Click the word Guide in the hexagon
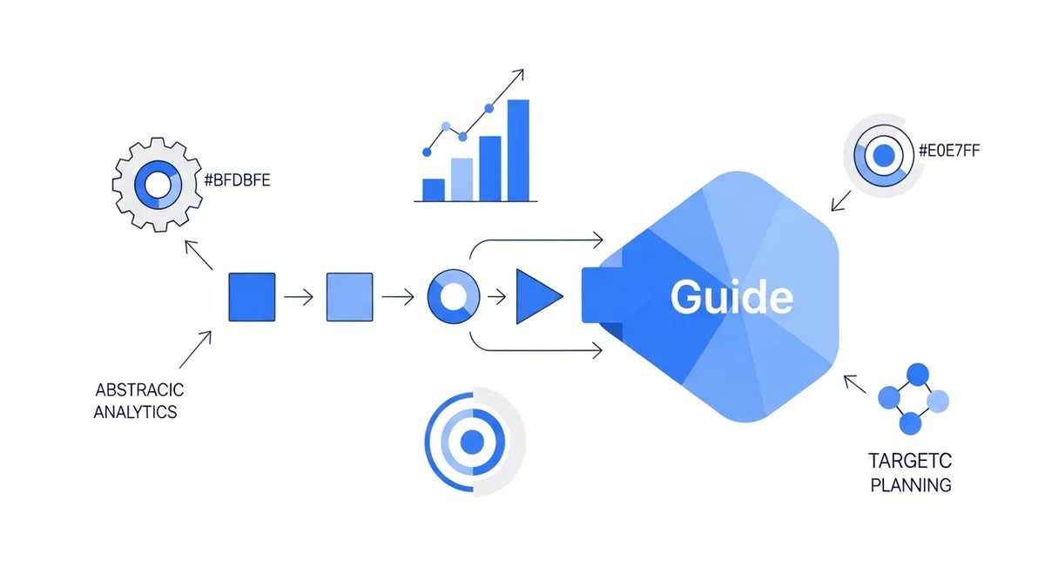point(731,298)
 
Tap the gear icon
point(158,184)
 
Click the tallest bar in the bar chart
point(517,150)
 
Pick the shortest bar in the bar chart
point(433,190)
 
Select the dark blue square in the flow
point(252,297)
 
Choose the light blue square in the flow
point(349,297)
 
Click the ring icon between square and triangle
point(453,297)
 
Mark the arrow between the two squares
point(299,298)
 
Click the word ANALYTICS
point(135,411)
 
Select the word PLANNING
point(910,484)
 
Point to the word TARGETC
point(910,459)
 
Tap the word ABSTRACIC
point(139,389)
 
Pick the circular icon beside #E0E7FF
point(882,156)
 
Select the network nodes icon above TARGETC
point(912,400)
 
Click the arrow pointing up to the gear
point(199,255)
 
